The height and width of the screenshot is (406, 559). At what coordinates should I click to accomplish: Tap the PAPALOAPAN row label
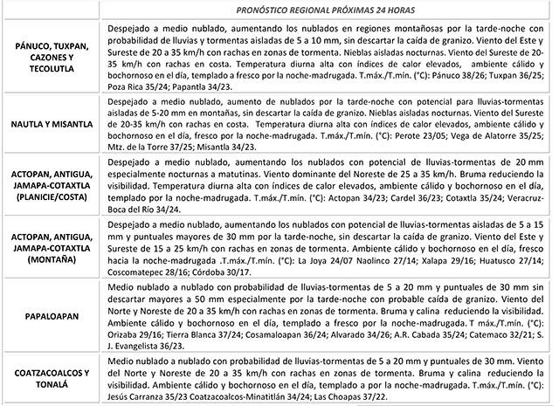pyautogui.click(x=51, y=318)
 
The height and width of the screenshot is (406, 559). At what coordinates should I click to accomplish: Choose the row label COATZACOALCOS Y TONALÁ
pyautogui.click(x=51, y=380)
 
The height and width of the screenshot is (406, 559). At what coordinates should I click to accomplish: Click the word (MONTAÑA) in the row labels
pyautogui.click(x=51, y=260)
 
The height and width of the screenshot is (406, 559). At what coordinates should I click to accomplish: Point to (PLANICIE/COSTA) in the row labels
pyautogui.click(x=51, y=197)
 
